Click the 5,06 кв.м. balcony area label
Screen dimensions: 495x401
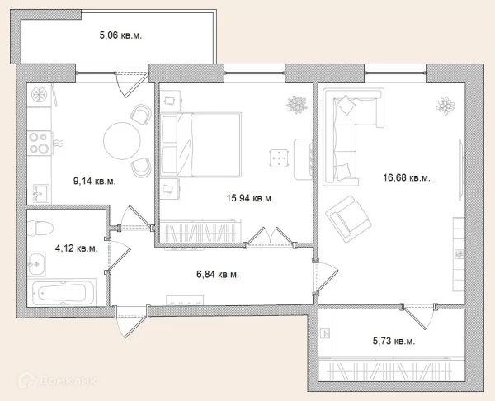tap(120, 35)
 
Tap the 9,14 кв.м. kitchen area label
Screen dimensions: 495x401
tap(94, 182)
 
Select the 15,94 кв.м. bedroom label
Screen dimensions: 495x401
tap(250, 198)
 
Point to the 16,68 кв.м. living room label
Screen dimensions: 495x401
tap(407, 177)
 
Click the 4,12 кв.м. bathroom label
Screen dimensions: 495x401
tap(77, 248)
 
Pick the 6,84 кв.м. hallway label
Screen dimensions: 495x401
tap(218, 275)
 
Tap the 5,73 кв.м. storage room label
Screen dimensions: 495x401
tap(394, 341)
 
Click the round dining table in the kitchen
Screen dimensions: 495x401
tap(122, 140)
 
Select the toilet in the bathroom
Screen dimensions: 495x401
tap(40, 228)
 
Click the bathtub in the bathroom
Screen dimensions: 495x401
tap(64, 292)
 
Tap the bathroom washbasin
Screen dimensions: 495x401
tap(36, 264)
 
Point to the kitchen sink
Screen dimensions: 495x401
tap(40, 193)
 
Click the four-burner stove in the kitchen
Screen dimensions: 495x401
tap(40, 143)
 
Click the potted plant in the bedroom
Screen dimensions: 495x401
tap(297, 105)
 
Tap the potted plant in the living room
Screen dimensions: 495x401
tap(445, 106)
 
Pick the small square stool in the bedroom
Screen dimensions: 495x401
tap(279, 158)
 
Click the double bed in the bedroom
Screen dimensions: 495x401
tap(200, 144)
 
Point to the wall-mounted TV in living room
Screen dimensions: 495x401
tap(460, 169)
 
